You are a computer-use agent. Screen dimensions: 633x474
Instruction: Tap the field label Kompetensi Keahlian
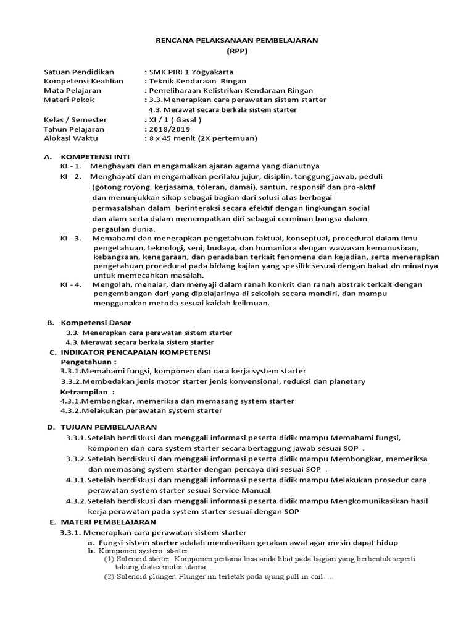[83, 81]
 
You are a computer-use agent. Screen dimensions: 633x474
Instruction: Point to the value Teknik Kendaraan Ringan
[197, 81]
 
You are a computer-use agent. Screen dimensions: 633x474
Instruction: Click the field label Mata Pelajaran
[72, 90]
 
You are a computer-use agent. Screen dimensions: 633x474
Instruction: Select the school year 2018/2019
[166, 129]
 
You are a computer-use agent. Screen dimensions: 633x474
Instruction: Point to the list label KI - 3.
[70, 238]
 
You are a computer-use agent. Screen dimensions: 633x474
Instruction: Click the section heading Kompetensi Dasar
[96, 323]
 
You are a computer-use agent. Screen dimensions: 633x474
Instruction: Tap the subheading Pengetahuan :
[88, 361]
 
